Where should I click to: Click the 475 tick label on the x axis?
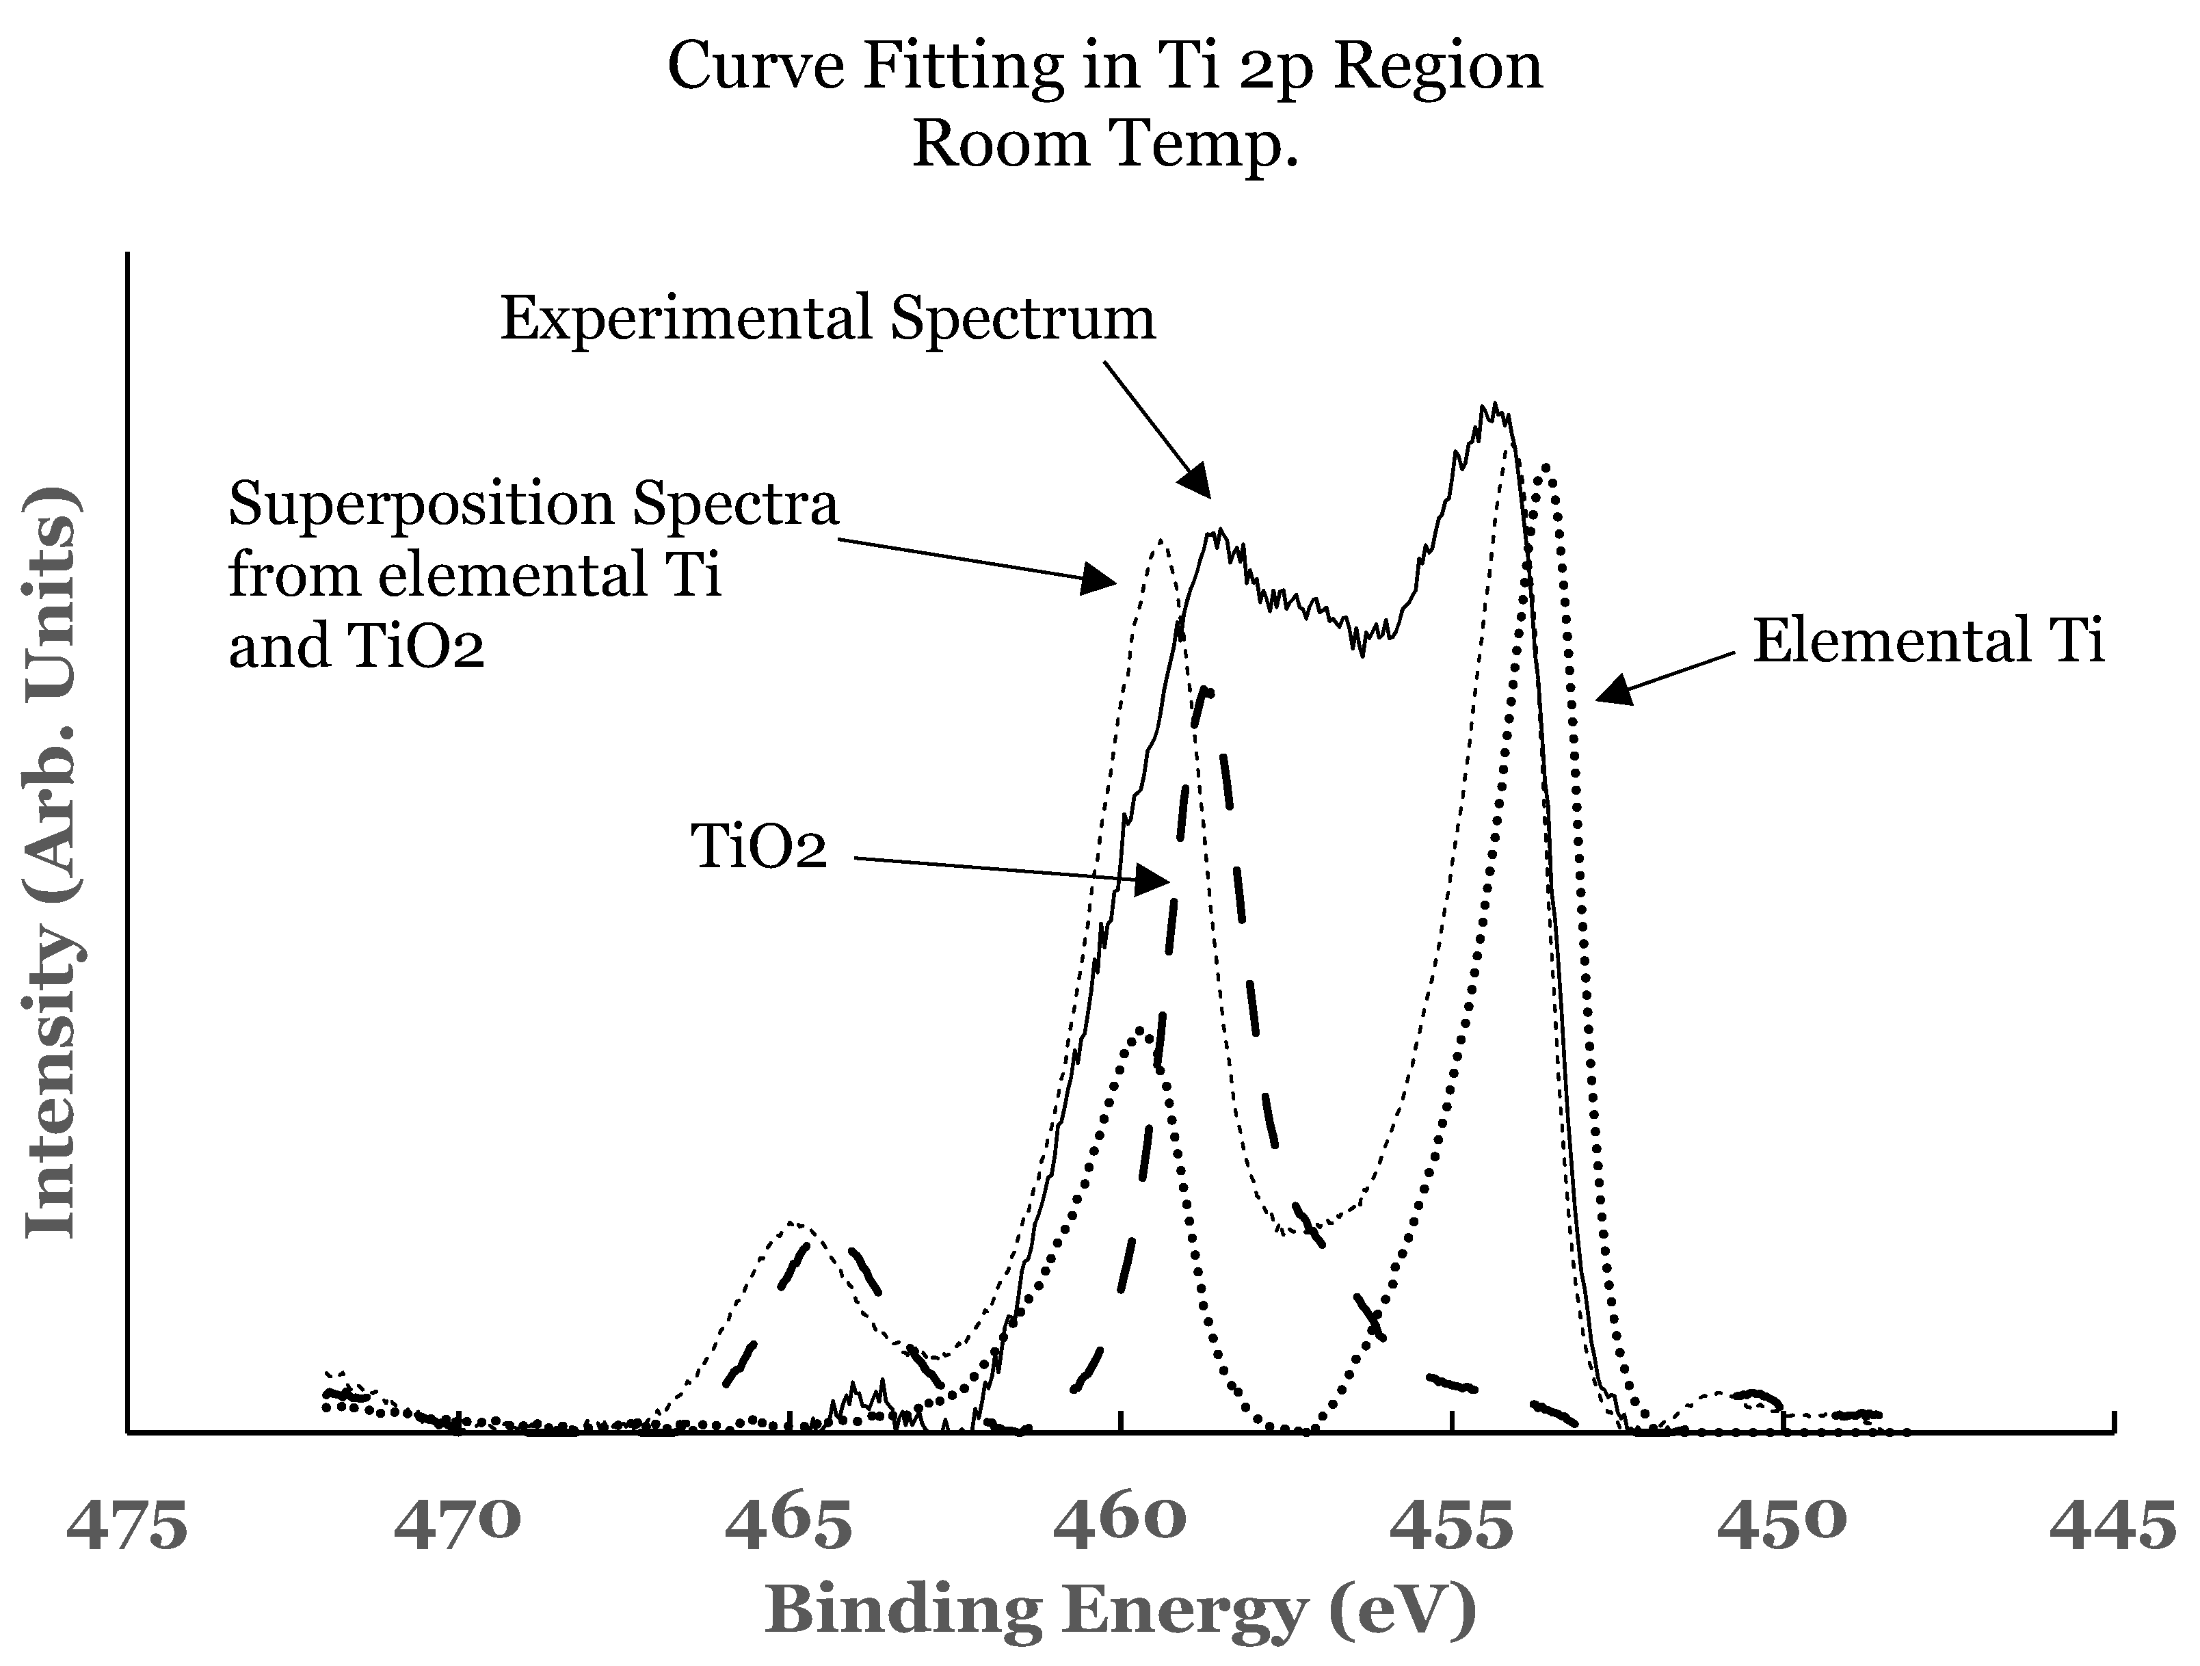tap(127, 1526)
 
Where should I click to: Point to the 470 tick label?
tap(457, 1526)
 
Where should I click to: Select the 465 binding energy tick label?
tap(788, 1526)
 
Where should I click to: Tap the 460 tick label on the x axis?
tap(1120, 1526)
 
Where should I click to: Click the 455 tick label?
tap(1451, 1526)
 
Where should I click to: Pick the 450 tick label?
tap(1782, 1526)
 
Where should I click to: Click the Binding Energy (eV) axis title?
tap(1120, 1611)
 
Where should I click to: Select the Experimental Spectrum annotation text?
tap(827, 318)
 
